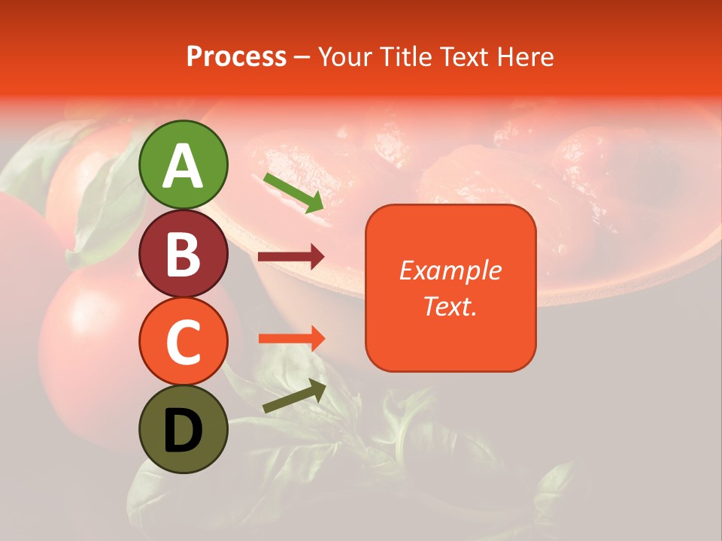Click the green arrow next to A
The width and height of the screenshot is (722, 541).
click(293, 192)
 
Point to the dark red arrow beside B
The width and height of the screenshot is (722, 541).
click(291, 257)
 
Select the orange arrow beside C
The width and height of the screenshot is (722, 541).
click(291, 340)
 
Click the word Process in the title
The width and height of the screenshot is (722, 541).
click(236, 57)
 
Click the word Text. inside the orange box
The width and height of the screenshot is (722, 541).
click(450, 307)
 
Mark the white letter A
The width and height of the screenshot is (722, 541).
click(183, 166)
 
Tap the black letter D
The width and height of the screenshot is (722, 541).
click(183, 431)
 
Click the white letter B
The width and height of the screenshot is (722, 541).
click(183, 255)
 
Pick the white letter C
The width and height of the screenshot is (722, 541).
click(183, 343)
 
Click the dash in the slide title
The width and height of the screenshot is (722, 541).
click(302, 58)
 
